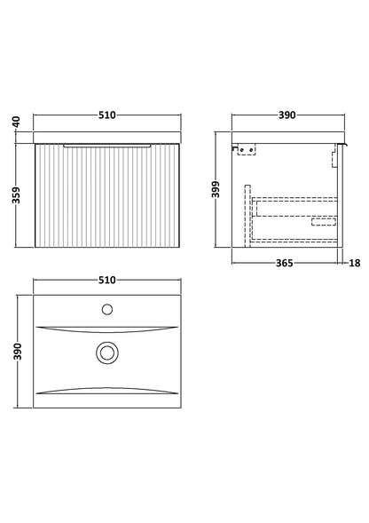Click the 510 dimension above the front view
tap(107, 115)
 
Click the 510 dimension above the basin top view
tap(107, 280)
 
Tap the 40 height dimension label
tap(17, 122)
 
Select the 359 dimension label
tap(16, 195)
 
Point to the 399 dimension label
tap(216, 189)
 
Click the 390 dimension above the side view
tap(287, 115)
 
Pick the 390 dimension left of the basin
tap(17, 352)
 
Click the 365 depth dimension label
tap(285, 263)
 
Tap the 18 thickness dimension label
tap(355, 263)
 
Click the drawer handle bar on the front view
tap(107, 146)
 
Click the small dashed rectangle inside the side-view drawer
tap(324, 221)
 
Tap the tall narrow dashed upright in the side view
tap(247, 216)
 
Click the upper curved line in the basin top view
tap(107, 330)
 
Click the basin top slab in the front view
tap(107, 138)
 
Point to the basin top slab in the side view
tap(288, 138)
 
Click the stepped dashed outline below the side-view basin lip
tap(334, 155)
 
